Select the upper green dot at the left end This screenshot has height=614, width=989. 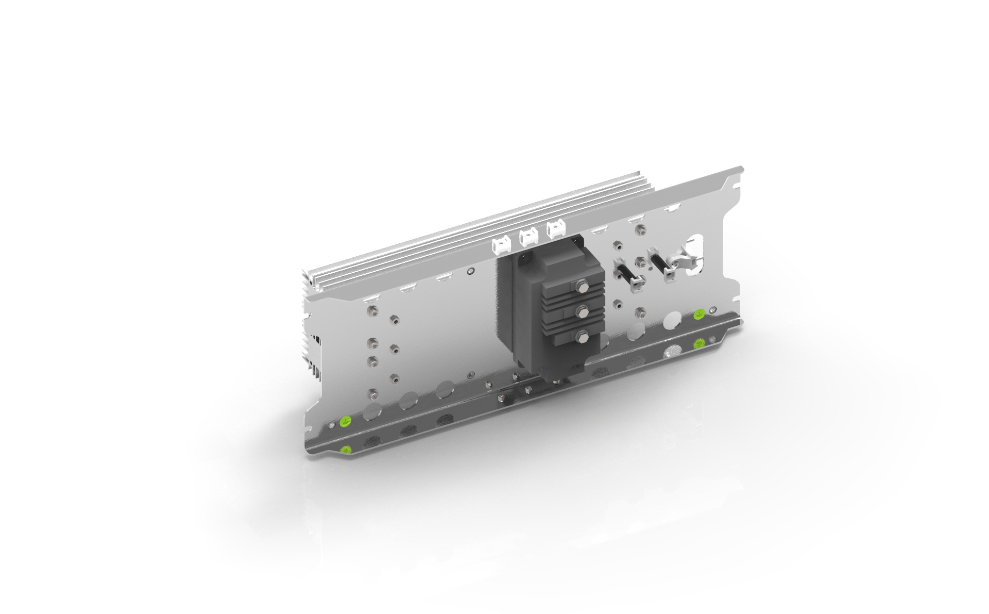[346, 423]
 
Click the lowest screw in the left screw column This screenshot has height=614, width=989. [372, 395]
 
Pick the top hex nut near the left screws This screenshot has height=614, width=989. [395, 321]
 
